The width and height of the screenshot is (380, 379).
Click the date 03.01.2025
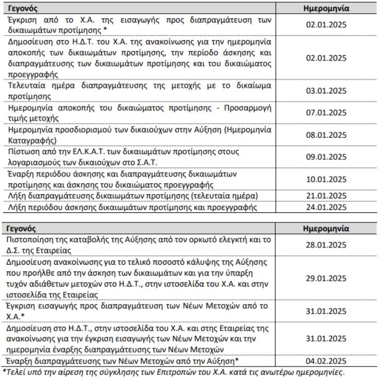[x=326, y=91]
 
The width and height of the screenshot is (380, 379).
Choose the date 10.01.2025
[x=326, y=179]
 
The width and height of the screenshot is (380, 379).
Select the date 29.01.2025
[x=326, y=278]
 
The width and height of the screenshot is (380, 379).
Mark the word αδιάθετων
[x=58, y=278]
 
